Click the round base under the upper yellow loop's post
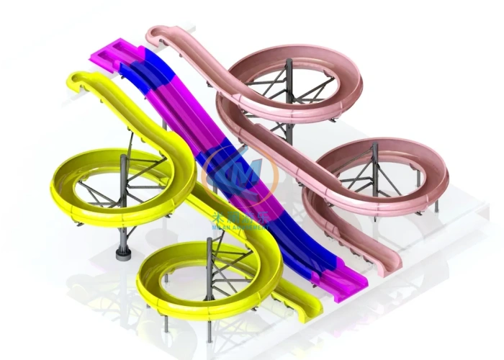tap(123, 254)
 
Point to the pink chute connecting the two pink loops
tap(288, 155)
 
